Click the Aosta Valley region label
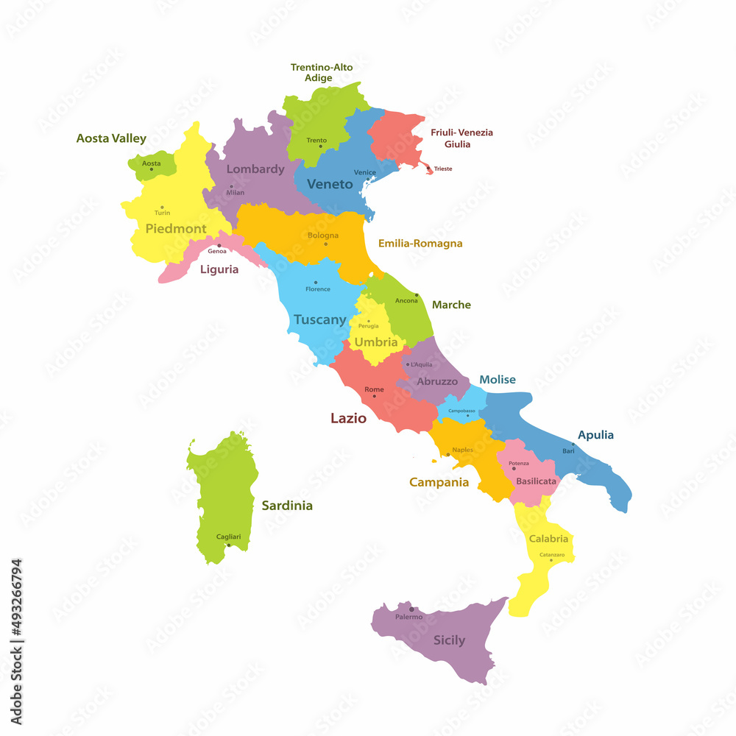(111, 138)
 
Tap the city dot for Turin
(162, 207)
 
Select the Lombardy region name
(255, 169)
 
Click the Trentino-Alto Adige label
(321, 72)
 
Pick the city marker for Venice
(368, 179)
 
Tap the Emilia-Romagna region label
(420, 243)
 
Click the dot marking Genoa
(219, 245)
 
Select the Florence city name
(318, 289)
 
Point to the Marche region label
(451, 305)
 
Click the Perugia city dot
(369, 320)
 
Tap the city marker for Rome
(374, 396)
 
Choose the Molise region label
(498, 380)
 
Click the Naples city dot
(448, 455)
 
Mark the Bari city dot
(573, 445)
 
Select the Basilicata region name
(536, 481)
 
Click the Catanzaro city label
(552, 554)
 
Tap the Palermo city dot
(411, 609)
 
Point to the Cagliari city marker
(229, 545)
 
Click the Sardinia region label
(287, 506)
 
